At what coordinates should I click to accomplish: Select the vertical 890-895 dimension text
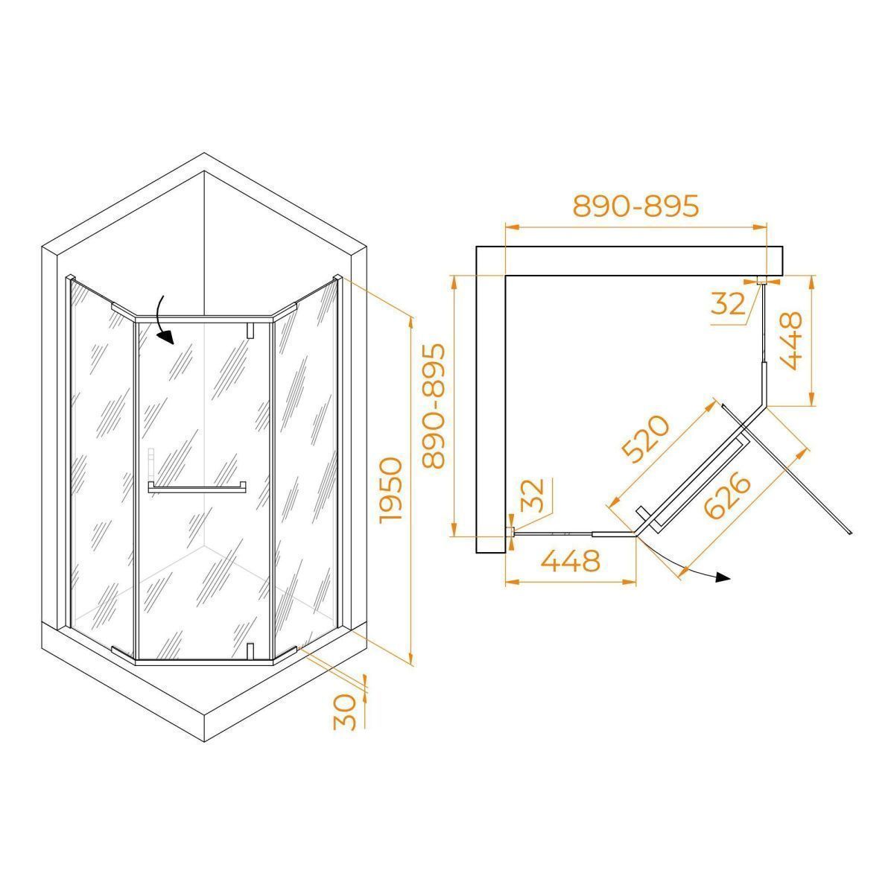[x=434, y=405]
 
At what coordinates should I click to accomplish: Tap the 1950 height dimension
[x=390, y=491]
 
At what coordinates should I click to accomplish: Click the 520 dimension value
[x=646, y=440]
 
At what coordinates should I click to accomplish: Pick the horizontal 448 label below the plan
[x=570, y=562]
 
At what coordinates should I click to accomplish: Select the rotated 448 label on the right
[x=791, y=341]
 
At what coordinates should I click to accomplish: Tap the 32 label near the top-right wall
[x=727, y=304]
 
